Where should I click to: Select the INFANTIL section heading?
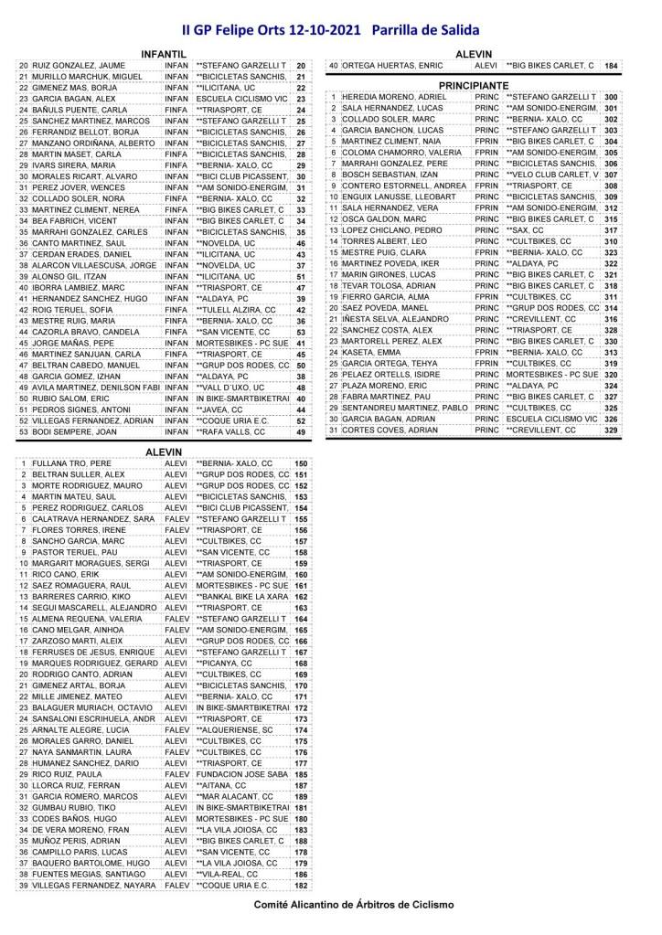click(165, 54)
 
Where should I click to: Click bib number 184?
click(611, 66)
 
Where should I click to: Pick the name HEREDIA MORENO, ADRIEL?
click(389, 97)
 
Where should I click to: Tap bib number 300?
click(611, 97)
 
